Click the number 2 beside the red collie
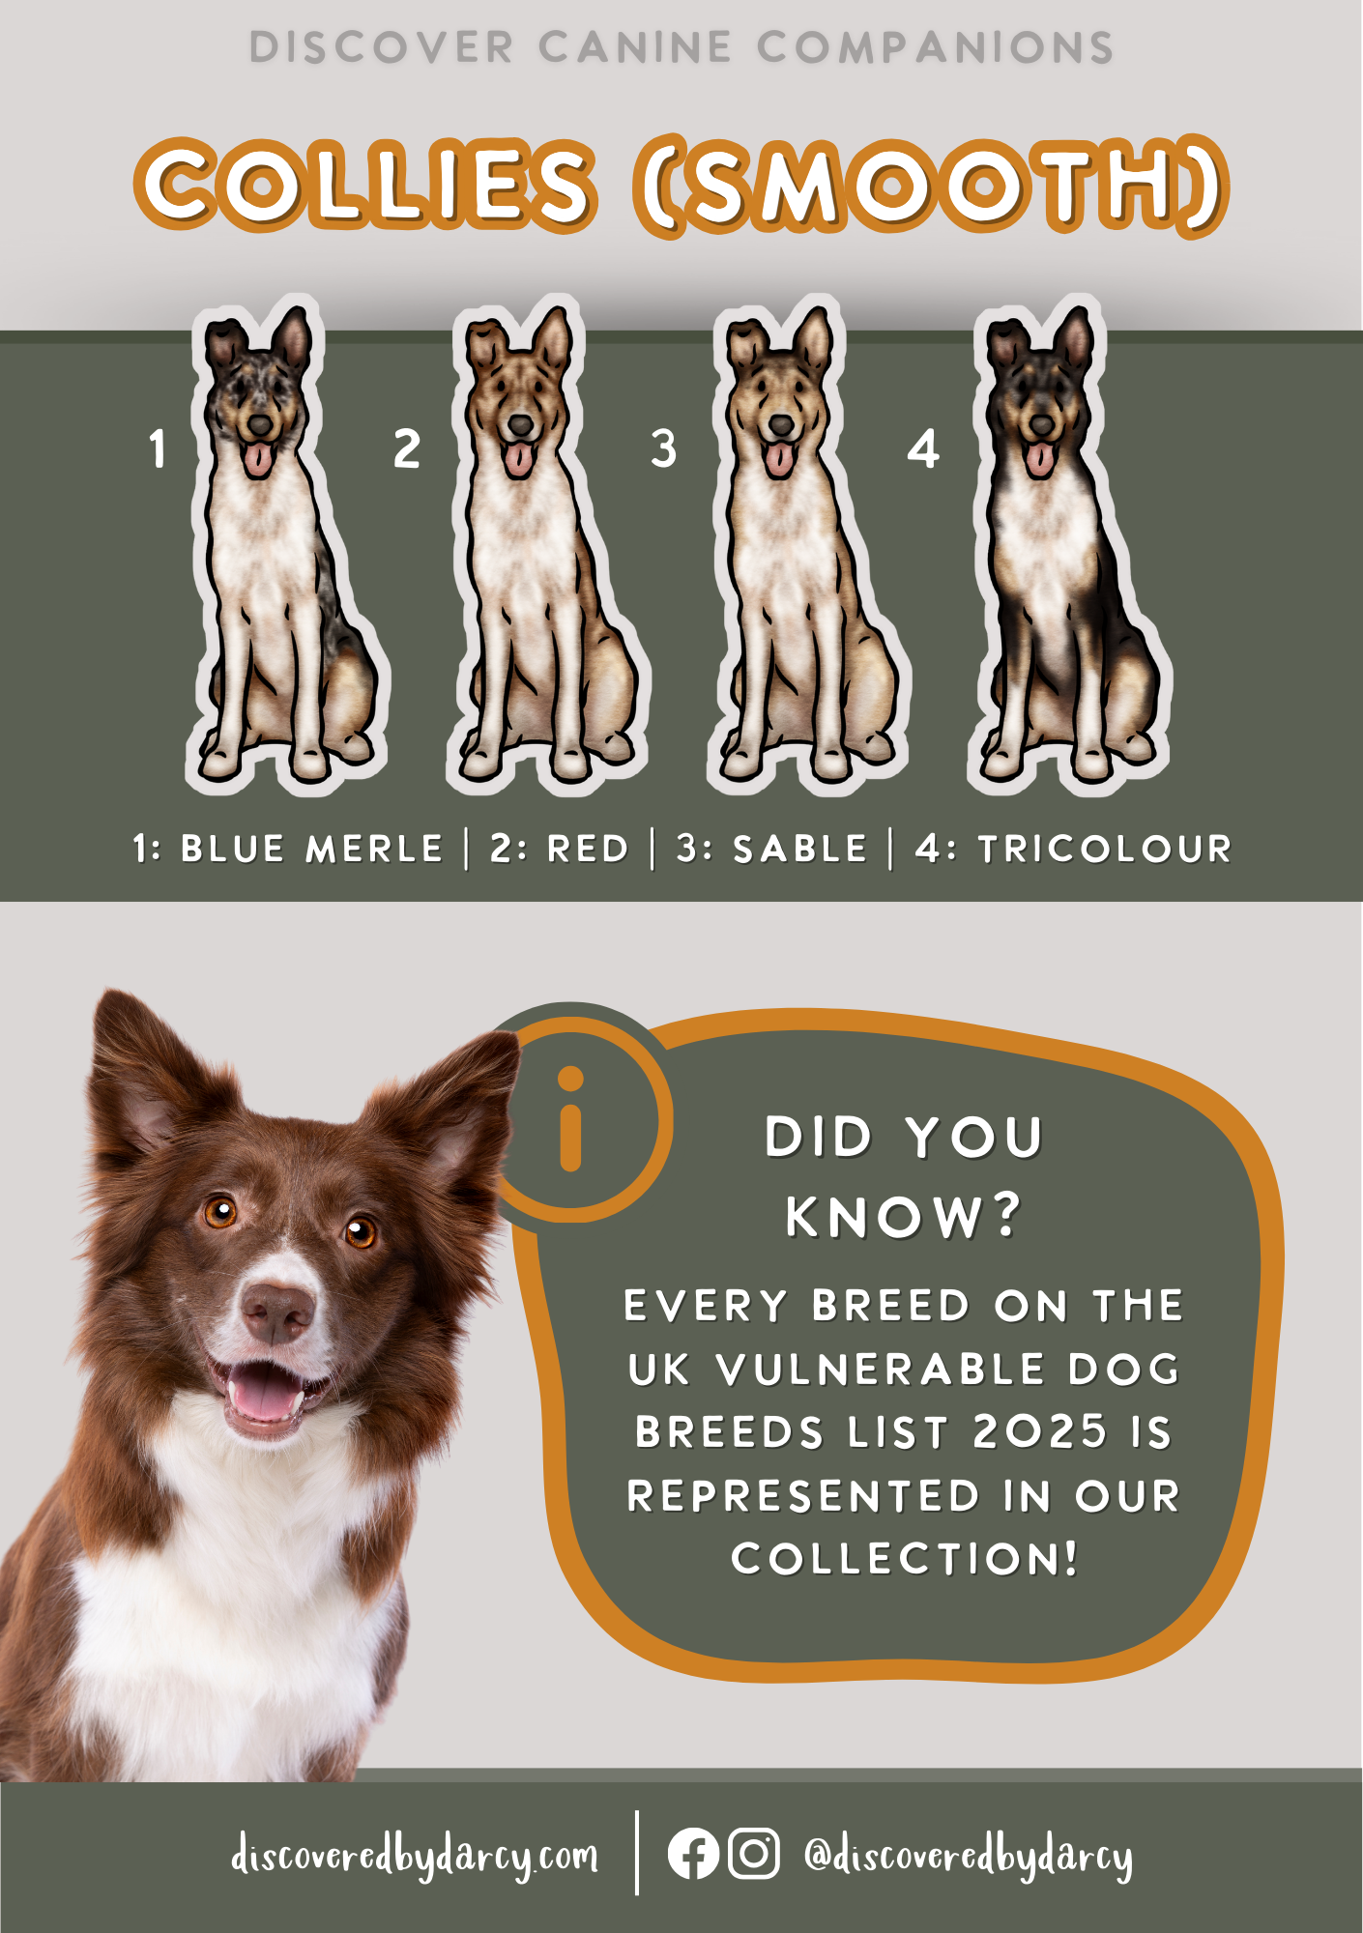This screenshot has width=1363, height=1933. tap(407, 450)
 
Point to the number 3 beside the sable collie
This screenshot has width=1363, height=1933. tap(663, 450)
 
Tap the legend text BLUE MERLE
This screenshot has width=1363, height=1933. tap(311, 850)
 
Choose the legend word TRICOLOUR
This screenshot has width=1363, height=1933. tap(1105, 850)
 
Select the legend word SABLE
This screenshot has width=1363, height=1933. tap(799, 850)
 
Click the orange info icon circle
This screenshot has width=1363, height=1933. tap(571, 1118)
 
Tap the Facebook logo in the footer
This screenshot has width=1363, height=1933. tap(693, 1854)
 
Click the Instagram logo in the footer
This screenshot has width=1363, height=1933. tap(753, 1854)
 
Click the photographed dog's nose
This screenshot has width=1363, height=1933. tap(278, 1312)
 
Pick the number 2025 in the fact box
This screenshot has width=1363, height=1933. tap(1040, 1432)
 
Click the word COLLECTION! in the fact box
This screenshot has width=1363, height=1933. tap(904, 1559)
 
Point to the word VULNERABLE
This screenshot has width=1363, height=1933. tap(881, 1370)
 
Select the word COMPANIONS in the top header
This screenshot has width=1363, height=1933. tap(935, 47)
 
